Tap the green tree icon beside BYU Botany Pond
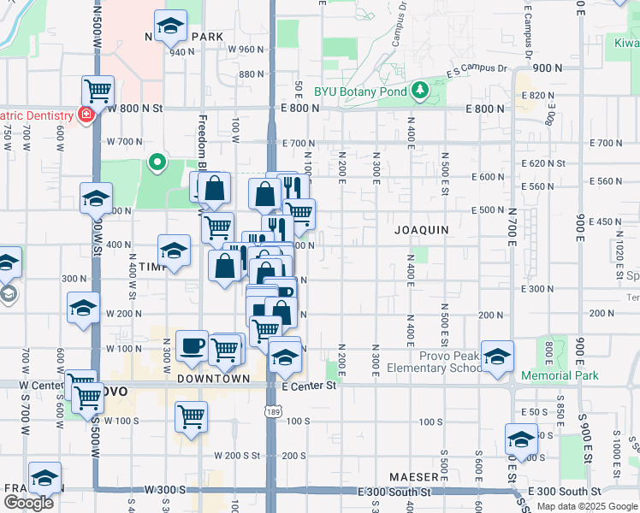(x=419, y=90)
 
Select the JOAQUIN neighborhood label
(x=422, y=231)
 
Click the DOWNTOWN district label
(x=213, y=378)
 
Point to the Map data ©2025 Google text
(x=587, y=506)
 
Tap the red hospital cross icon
(x=86, y=114)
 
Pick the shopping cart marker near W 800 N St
(x=98, y=89)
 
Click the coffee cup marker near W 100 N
(x=192, y=345)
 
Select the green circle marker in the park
(x=157, y=161)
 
